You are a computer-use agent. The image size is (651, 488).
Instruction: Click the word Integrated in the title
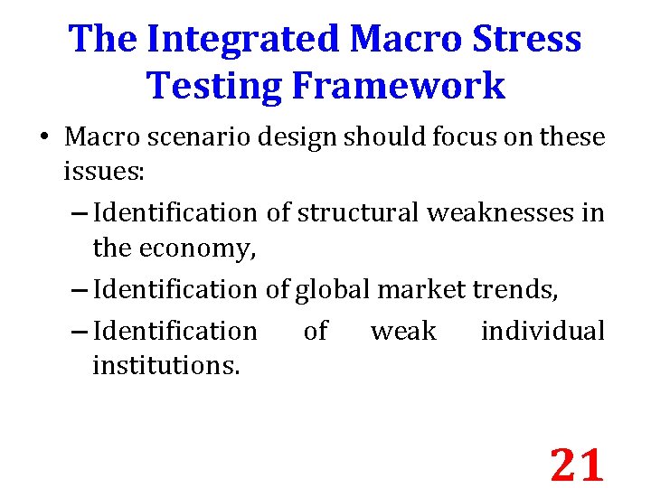(x=241, y=39)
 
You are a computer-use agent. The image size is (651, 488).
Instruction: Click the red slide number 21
(x=577, y=465)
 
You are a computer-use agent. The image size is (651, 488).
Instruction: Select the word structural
(x=358, y=212)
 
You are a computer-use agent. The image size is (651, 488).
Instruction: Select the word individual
(x=542, y=331)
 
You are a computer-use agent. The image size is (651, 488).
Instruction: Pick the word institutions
(x=166, y=367)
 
